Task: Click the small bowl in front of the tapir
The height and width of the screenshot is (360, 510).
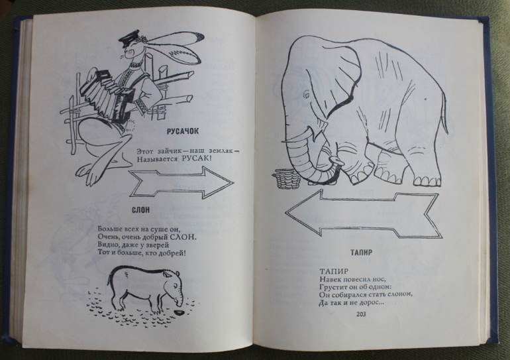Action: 179,309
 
